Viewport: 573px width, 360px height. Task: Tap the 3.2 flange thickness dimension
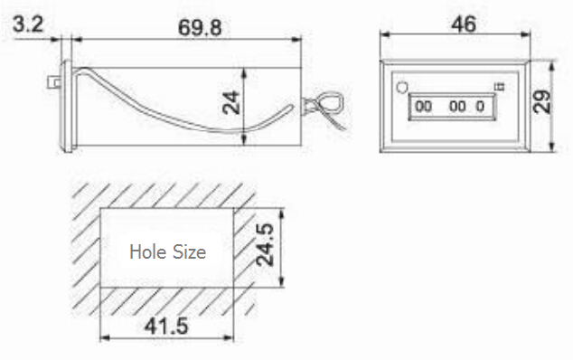[x=28, y=24]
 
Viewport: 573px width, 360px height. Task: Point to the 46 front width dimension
[x=463, y=24]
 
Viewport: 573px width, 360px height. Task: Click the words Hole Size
[x=167, y=251]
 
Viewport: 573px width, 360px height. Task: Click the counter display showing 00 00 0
[x=450, y=107]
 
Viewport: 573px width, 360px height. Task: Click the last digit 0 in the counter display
[x=480, y=107]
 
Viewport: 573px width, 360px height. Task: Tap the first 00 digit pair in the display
[x=423, y=107]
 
